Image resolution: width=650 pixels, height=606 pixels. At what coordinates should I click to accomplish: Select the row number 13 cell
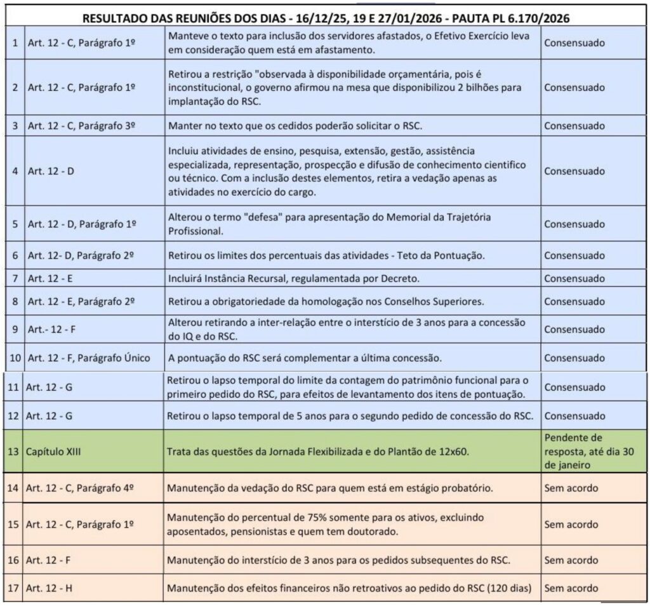pos(13,452)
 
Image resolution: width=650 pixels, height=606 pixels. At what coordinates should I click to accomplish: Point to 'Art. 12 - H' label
pos(50,588)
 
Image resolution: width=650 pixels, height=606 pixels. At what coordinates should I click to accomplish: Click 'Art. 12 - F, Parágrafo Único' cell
pos(89,358)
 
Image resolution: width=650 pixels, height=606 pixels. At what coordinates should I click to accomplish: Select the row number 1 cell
pos(14,43)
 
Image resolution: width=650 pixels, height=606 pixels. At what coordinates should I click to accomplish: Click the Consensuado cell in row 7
pos(574,278)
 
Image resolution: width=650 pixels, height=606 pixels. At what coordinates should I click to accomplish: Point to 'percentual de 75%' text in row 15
pos(279,518)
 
